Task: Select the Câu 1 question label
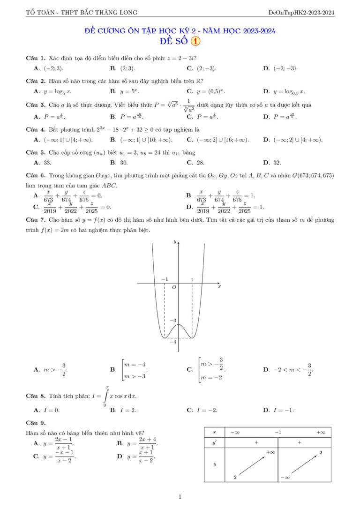[35, 58]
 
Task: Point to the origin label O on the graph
[174, 287]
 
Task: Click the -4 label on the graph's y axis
[172, 342]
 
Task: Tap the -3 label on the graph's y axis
[172, 321]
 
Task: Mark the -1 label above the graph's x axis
[165, 279]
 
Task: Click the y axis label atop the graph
[175, 242]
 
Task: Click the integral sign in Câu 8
[107, 396]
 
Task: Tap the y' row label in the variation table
[215, 442]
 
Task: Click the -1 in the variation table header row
[278, 432]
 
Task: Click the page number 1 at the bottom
[180, 497]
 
